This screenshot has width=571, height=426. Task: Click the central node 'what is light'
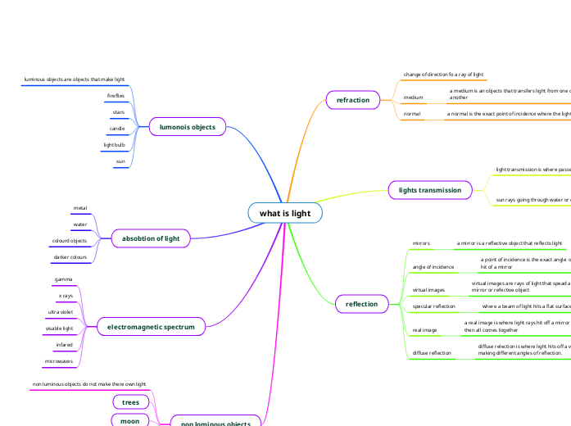[x=285, y=214]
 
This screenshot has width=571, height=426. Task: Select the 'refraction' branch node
[x=353, y=100]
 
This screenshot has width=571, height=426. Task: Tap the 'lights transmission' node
[x=429, y=190]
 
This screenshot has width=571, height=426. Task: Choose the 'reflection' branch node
[x=362, y=304]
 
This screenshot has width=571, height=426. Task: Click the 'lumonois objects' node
[x=187, y=127]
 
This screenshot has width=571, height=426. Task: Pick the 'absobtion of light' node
[x=150, y=238]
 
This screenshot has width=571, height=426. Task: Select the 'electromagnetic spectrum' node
[x=151, y=327]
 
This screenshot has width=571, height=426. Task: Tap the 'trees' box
[x=130, y=402]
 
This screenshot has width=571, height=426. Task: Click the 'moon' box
[x=130, y=420]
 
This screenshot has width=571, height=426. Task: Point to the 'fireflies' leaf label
[x=116, y=96]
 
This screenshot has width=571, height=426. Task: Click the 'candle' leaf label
[x=117, y=129]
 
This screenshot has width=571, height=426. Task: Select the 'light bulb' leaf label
[x=114, y=145]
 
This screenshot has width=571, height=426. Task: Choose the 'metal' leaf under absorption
[x=80, y=208]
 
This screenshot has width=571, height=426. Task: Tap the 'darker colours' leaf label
[x=70, y=257]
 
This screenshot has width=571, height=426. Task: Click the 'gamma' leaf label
[x=63, y=279]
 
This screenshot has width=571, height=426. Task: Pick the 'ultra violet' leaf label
[x=61, y=312]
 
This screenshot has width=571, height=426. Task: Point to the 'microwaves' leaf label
[x=59, y=361]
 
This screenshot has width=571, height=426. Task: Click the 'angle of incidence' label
[x=433, y=267]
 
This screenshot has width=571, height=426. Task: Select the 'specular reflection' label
[x=433, y=306]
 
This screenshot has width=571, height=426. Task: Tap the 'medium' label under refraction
[x=414, y=97]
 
